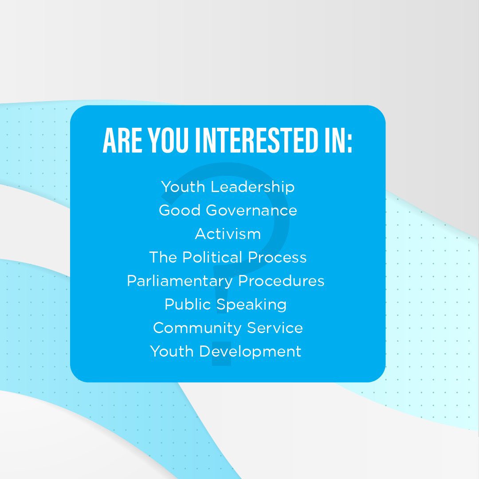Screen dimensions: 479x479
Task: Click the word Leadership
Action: click(252, 187)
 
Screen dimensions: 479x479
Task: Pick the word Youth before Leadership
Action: click(183, 187)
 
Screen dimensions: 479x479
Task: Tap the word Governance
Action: click(251, 210)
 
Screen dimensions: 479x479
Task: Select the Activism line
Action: click(228, 234)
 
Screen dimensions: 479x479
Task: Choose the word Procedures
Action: click(281, 281)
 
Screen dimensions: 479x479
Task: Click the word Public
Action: click(188, 304)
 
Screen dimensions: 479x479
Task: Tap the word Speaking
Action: click(251, 305)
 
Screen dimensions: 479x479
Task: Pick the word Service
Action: click(275, 328)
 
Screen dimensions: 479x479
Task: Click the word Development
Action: click(250, 352)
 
